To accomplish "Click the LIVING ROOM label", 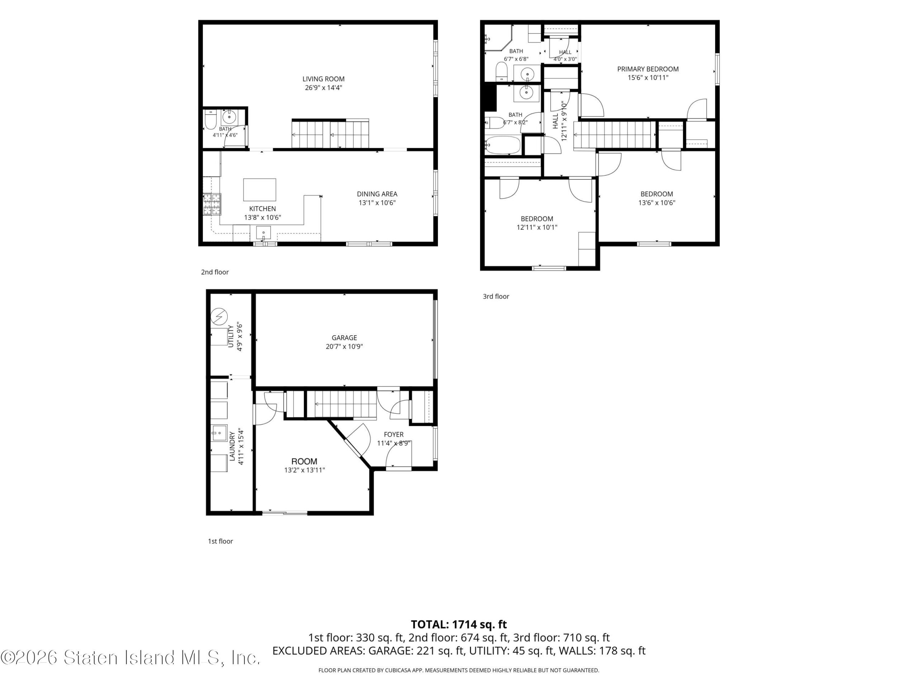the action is [323, 79].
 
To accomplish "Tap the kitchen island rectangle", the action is [259, 190].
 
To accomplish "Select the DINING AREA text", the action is [377, 194].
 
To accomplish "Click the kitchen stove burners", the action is [212, 204].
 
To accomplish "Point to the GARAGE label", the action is [344, 338].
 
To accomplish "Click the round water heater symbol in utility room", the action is [219, 317].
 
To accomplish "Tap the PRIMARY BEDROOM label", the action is [648, 69].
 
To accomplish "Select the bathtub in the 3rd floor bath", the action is [503, 145].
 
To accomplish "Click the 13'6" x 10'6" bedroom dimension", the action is [657, 203].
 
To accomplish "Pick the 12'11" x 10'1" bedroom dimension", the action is [536, 227].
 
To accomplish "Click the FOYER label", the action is [393, 435].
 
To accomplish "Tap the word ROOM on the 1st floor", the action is [304, 461].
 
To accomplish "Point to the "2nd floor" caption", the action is [215, 272].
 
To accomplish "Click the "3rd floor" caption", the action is [496, 296].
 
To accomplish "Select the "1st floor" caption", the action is [221, 541].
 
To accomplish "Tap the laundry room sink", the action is [219, 433].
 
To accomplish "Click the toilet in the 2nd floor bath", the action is [211, 119].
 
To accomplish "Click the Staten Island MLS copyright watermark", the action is [130, 657].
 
